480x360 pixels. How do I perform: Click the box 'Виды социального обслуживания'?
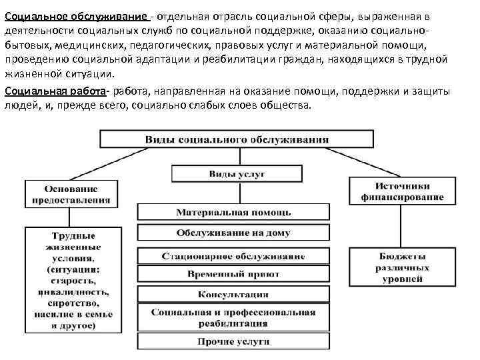(x=237, y=140)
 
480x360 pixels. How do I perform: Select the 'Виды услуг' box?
(x=237, y=173)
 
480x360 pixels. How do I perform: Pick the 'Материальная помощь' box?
(x=233, y=212)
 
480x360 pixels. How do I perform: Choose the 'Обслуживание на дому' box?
(x=233, y=233)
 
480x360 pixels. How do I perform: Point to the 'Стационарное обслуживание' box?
(x=233, y=256)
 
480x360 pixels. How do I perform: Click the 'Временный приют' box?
(x=233, y=274)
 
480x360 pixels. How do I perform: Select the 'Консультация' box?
(x=233, y=294)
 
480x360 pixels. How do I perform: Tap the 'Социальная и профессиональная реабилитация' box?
(x=233, y=318)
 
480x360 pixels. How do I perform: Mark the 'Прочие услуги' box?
(x=233, y=341)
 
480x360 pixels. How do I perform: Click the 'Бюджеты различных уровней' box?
(x=401, y=267)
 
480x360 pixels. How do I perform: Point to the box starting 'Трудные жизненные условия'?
(x=73, y=280)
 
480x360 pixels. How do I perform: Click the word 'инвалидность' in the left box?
(x=73, y=291)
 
